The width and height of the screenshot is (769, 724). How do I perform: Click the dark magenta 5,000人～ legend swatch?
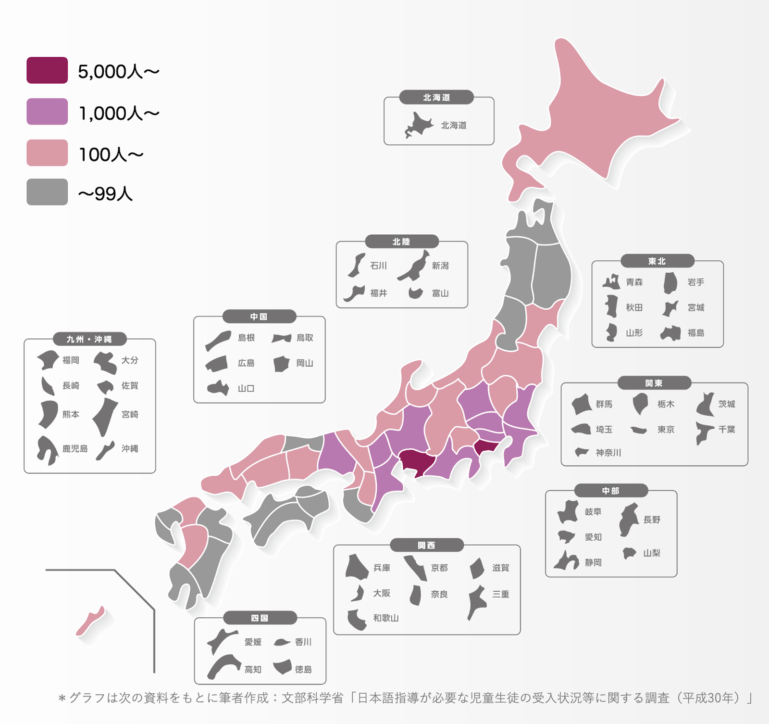tap(47, 70)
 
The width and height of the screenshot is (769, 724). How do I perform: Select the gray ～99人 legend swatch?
tap(47, 192)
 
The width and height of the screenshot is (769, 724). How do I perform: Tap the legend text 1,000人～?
tap(119, 114)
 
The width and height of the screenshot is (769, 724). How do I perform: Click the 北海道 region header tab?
tap(436, 97)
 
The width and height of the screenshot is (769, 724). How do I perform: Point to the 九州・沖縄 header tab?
tap(89, 339)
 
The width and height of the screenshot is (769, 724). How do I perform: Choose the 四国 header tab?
tap(260, 618)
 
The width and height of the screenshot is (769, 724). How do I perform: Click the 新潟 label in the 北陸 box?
tap(440, 266)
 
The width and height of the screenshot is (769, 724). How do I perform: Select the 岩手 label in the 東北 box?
tap(695, 282)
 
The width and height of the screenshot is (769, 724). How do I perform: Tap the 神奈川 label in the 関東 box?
tap(608, 453)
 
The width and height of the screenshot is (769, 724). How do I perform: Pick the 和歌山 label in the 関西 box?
tap(386, 618)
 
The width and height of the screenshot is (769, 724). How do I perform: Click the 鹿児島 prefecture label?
tap(75, 449)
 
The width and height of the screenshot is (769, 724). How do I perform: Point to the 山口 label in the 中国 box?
tap(246, 388)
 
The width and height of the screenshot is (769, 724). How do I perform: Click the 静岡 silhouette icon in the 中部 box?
tap(566, 561)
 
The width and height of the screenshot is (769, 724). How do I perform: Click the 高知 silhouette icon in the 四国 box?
tap(223, 666)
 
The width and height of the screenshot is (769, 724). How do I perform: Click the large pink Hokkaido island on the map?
tap(601, 115)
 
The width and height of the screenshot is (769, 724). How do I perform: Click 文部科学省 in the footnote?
tap(312, 698)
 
